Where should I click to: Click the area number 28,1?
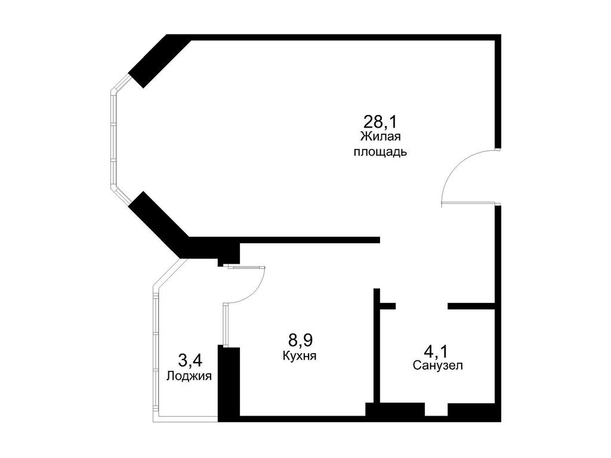pos(380,122)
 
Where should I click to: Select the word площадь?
pos(380,151)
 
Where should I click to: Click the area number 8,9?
pos(301,341)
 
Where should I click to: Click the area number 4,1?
pos(437,349)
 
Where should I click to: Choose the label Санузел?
pos(437,365)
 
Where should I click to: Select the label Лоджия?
pos(190,376)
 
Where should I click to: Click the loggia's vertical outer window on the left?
pos(156,352)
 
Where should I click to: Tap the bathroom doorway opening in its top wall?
pos(421,306)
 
